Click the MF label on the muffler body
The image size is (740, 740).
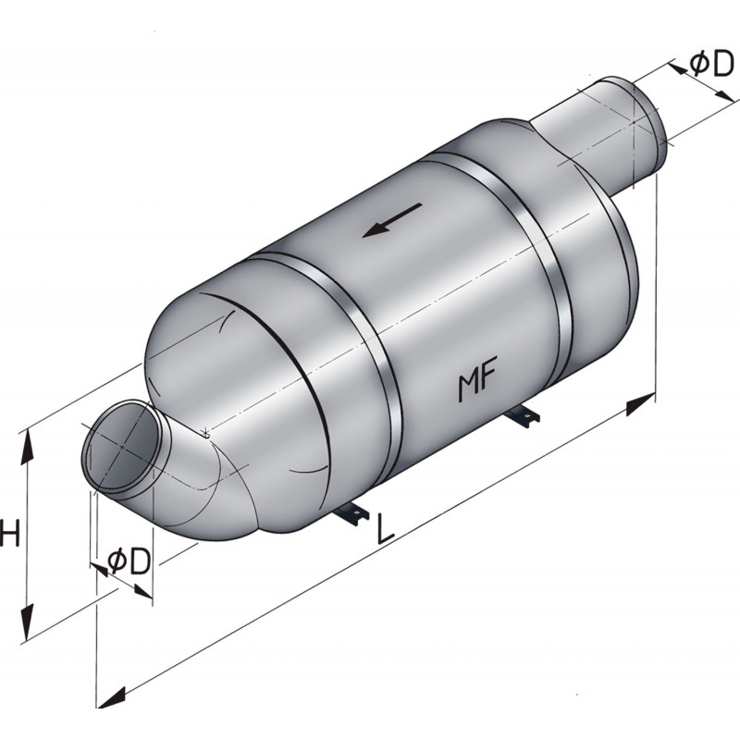(478, 384)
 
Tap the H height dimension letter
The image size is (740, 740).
(9, 535)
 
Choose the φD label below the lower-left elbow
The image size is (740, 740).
(128, 561)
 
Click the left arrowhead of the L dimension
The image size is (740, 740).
(114, 696)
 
